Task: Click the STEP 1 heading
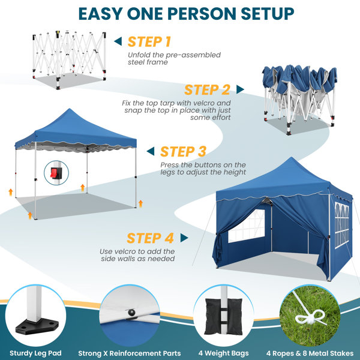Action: click(149, 42)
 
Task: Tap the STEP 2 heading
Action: click(207, 90)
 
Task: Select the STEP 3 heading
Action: click(183, 152)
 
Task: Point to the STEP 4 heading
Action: click(150, 238)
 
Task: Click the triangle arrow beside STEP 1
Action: click(118, 41)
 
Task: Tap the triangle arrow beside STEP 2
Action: click(240, 89)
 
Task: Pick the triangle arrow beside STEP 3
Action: click(151, 151)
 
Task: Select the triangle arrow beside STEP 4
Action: click(184, 238)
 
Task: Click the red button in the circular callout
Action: click(53, 173)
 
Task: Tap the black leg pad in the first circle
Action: click(37, 326)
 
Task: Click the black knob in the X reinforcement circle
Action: click(131, 313)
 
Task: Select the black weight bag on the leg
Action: click(223, 316)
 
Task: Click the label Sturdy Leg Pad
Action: click(35, 353)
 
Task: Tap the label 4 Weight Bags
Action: click(224, 353)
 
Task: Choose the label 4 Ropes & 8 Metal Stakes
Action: click(310, 353)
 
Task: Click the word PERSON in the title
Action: click(202, 14)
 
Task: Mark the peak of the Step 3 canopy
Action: click(70, 109)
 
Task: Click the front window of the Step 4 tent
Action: click(247, 226)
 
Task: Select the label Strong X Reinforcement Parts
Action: click(130, 353)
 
